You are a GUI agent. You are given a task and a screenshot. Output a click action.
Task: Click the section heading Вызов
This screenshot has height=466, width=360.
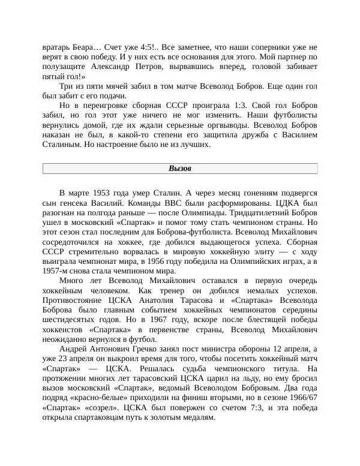coord(179,169)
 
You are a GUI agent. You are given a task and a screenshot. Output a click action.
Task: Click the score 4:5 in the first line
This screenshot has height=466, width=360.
coord(146,46)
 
